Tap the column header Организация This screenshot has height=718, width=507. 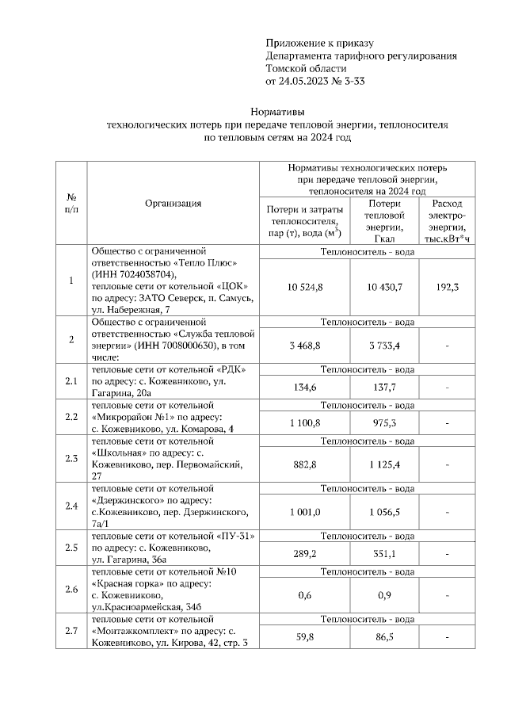[173, 203]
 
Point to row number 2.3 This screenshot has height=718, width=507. [71, 458]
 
